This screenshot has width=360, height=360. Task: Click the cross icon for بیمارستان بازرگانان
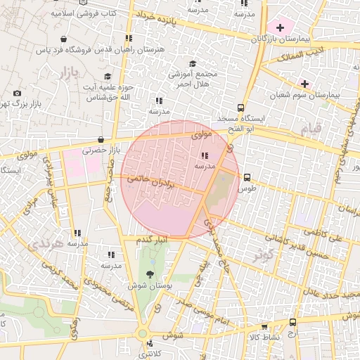click(281, 27)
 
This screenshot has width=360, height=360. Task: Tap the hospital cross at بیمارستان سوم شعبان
click(304, 83)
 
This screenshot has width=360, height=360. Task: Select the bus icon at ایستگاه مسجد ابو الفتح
click(241, 108)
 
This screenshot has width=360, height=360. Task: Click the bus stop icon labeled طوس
click(247, 178)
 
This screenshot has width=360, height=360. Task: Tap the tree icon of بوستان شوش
click(149, 274)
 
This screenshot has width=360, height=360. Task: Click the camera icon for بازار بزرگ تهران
click(18, 93)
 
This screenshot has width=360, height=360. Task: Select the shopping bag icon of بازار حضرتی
click(101, 139)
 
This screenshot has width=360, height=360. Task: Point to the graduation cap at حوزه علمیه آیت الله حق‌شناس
click(108, 76)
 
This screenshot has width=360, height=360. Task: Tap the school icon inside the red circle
click(205, 155)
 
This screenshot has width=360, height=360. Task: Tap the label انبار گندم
click(151, 240)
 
